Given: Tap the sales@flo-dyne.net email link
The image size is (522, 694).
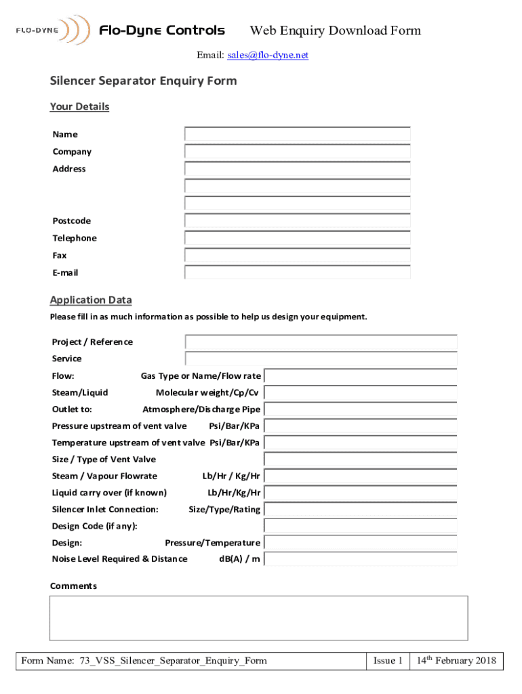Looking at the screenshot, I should (267, 56).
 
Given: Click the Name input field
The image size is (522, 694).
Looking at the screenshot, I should (297, 134).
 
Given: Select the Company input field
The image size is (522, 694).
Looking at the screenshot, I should (297, 152).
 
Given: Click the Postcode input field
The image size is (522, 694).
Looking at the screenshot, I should (297, 221).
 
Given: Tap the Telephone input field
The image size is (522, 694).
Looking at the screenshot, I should (297, 238).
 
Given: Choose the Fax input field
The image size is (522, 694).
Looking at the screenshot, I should (297, 256).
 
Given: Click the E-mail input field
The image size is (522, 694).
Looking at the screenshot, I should (297, 272).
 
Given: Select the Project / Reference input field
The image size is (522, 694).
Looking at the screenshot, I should (321, 342).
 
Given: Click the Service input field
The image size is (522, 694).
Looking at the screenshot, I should (321, 359).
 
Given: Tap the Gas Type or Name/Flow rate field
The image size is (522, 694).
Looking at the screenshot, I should (360, 376).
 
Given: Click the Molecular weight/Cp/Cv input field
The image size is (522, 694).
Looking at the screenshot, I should (360, 392).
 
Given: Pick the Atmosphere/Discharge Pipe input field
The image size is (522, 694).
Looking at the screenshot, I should (360, 409).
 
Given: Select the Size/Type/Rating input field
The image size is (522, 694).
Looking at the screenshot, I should (360, 509).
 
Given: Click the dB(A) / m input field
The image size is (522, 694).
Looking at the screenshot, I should (360, 559).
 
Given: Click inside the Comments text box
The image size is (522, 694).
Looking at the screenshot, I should (258, 617).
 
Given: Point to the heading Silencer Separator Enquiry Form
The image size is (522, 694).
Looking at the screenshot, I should (144, 81).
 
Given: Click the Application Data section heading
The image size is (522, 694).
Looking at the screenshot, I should (91, 300).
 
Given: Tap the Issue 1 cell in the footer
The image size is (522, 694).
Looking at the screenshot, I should (388, 661).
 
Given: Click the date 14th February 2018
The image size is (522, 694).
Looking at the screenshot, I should (456, 661).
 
